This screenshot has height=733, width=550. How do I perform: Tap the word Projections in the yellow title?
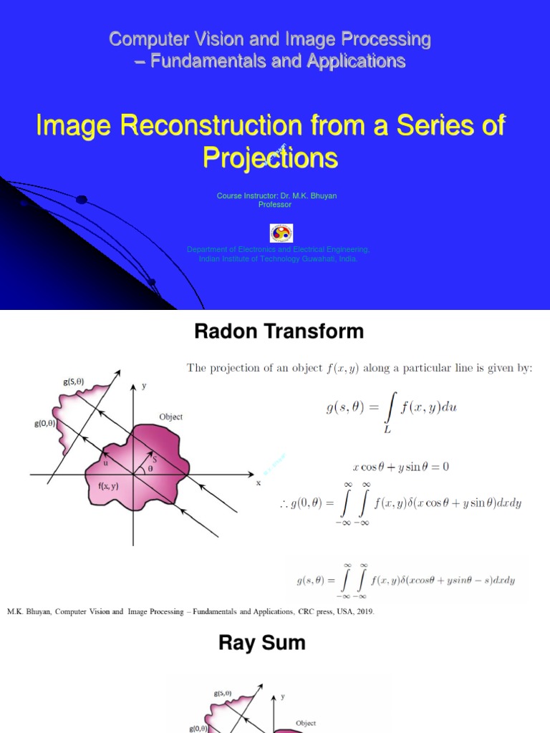270,157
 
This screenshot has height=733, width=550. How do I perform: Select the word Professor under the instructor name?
275,204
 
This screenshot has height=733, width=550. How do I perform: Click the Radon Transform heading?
279,331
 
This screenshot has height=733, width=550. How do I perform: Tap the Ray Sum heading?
261,643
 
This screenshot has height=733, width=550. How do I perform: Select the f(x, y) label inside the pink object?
109,486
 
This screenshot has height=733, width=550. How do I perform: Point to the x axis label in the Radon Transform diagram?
258,483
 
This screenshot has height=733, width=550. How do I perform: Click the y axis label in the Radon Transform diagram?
143,386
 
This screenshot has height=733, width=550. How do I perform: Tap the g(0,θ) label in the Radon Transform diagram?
44,423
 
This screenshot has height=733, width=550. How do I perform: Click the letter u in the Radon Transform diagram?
105,462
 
